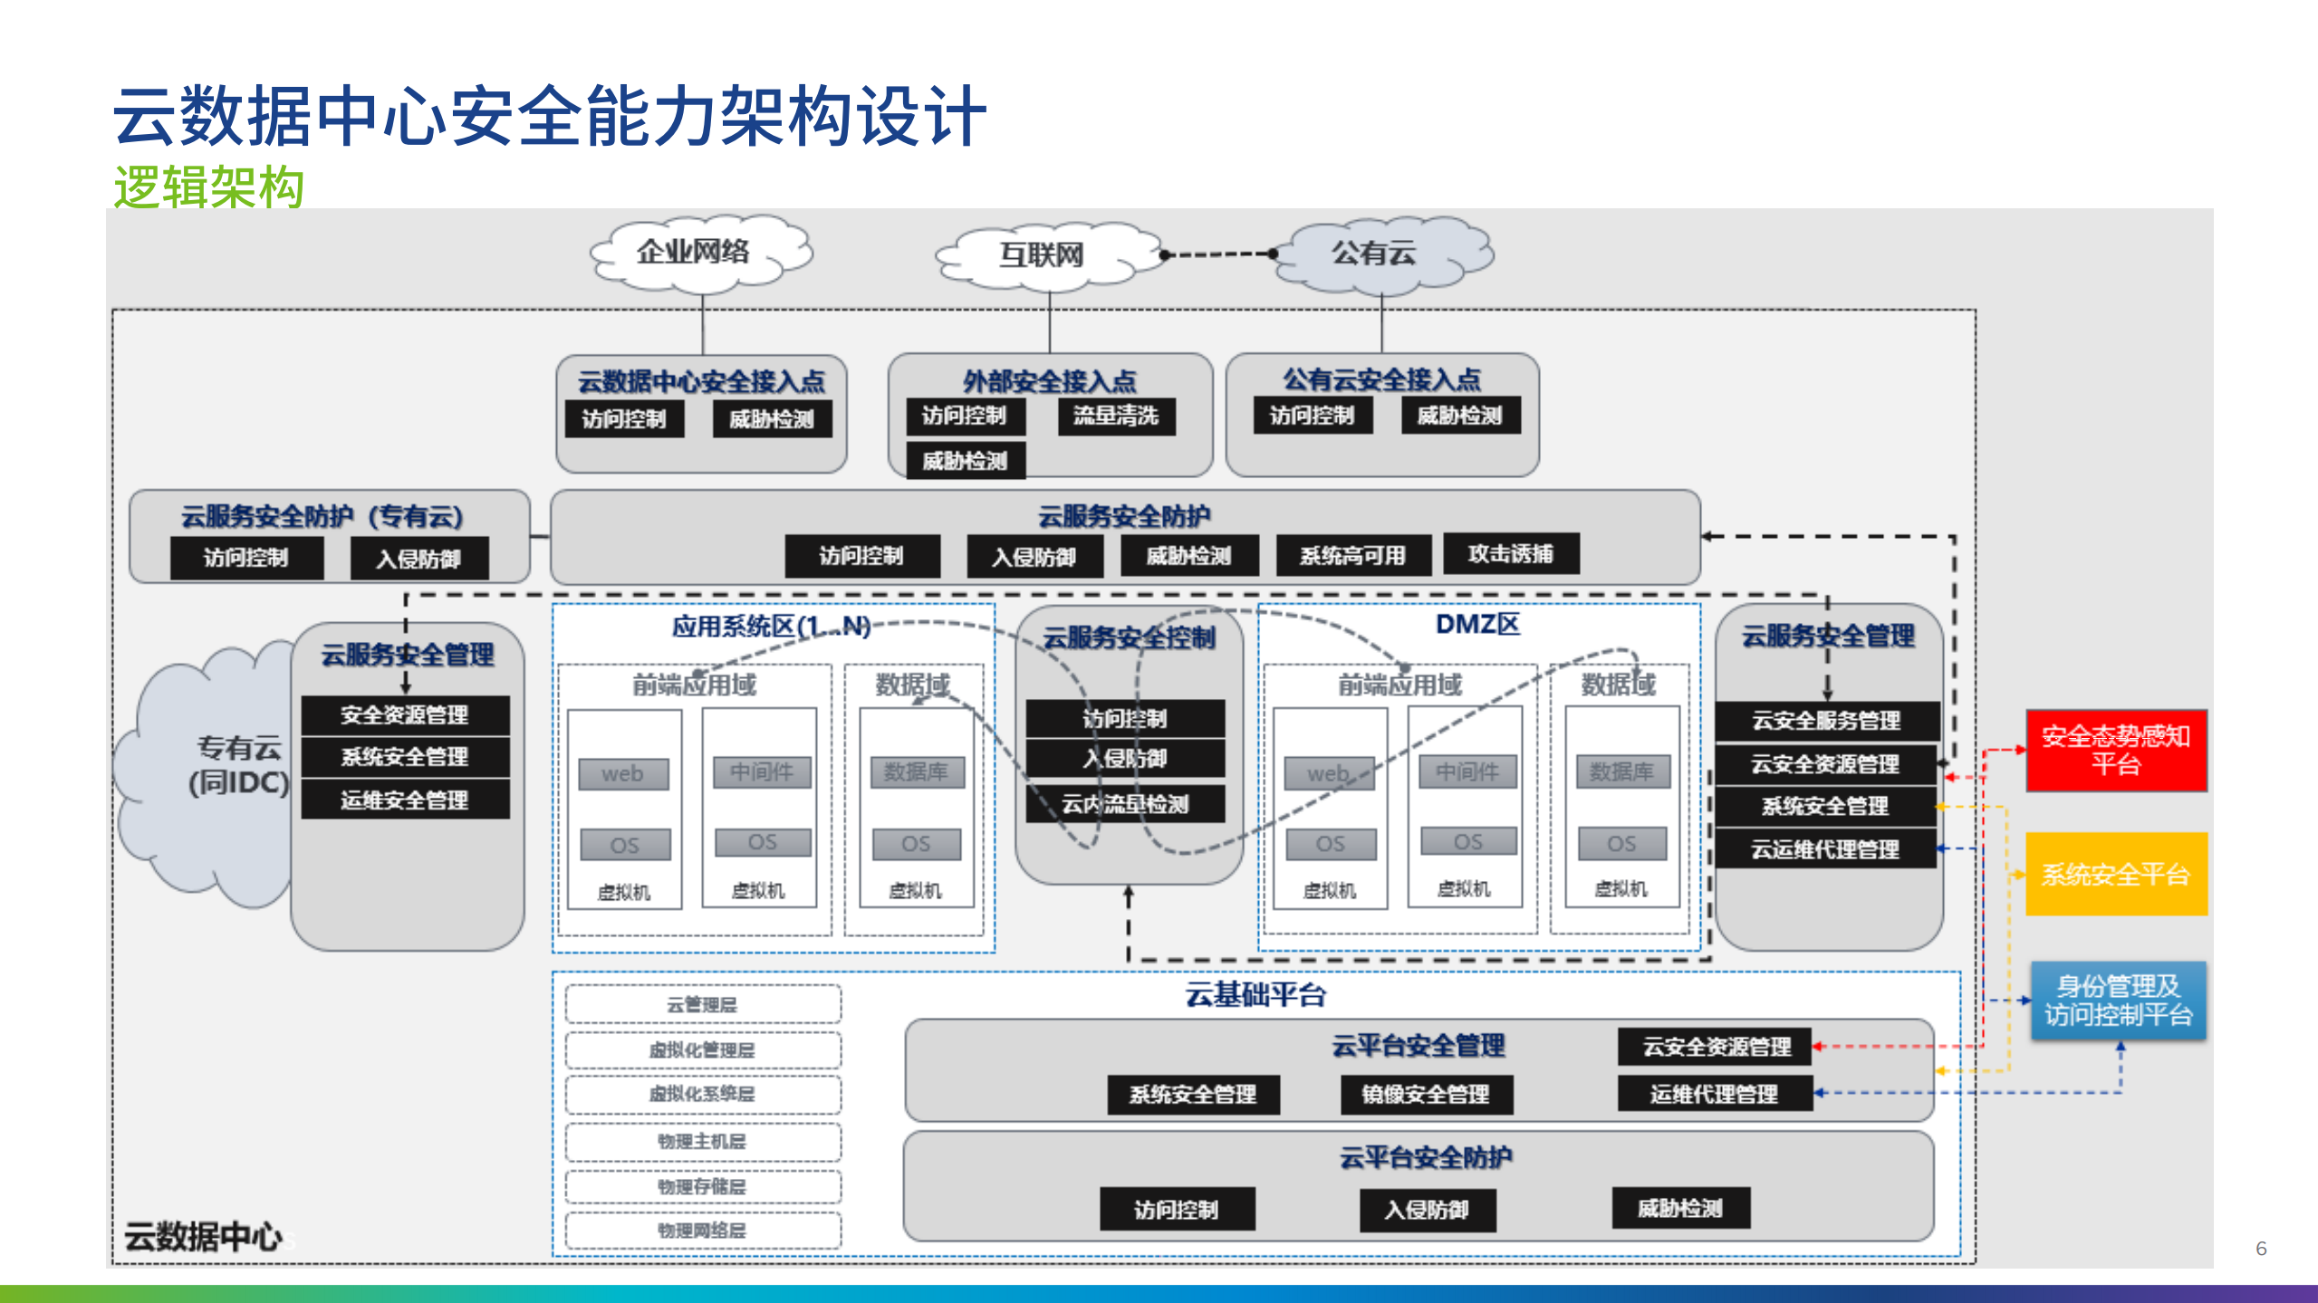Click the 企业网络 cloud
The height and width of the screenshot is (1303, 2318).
click(695, 253)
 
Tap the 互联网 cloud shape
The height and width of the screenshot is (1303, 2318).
click(1043, 255)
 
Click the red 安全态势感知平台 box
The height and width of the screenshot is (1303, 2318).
click(2115, 751)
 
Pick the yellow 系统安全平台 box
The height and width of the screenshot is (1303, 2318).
click(2115, 874)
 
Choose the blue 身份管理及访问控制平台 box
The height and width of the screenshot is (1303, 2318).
click(2117, 1001)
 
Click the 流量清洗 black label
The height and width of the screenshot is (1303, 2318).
click(1116, 417)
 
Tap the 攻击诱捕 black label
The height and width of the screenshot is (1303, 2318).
click(1510, 554)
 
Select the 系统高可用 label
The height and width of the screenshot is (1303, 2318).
click(1352, 556)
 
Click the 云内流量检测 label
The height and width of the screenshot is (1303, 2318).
click(1124, 804)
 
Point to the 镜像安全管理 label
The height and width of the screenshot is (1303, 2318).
click(1426, 1095)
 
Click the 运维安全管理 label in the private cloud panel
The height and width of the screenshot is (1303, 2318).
click(405, 800)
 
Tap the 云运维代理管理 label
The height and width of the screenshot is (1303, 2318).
click(1825, 849)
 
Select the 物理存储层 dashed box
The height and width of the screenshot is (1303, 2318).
click(702, 1186)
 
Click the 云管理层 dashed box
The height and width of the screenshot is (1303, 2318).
click(702, 1005)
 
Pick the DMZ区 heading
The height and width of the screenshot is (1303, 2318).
click(1477, 625)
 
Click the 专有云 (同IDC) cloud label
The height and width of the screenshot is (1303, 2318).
click(238, 765)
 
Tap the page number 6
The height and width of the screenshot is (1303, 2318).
click(2261, 1249)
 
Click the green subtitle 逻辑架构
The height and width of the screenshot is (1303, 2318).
click(208, 187)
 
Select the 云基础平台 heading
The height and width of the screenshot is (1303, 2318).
click(1255, 995)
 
